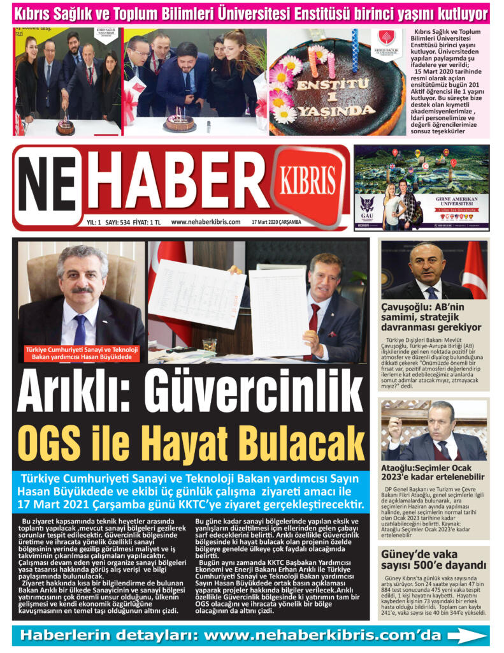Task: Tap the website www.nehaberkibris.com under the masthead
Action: click(x=205, y=222)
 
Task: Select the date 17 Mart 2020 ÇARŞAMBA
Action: click(x=276, y=222)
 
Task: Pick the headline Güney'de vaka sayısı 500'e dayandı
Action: click(x=431, y=560)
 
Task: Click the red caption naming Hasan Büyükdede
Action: click(x=82, y=353)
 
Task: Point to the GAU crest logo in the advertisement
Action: click(x=366, y=206)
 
